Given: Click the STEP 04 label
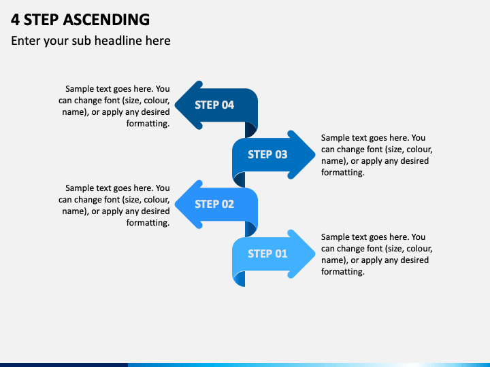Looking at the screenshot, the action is click(214, 105).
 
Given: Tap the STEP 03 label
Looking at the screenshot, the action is click(267, 154).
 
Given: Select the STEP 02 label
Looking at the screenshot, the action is click(214, 204).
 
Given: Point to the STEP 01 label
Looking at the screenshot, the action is click(267, 254).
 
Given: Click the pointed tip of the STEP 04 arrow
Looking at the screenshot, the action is click(176, 105).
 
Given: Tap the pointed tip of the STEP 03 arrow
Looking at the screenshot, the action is click(314, 154).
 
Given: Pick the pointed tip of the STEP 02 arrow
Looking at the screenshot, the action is click(176, 205).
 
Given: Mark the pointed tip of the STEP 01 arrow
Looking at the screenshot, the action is click(314, 254).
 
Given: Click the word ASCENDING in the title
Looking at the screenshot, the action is click(106, 19).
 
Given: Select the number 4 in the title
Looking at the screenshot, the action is click(15, 20).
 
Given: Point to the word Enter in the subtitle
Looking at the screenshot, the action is click(26, 41).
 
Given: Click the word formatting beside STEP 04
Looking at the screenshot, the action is click(148, 124).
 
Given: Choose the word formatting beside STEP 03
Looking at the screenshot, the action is click(343, 173).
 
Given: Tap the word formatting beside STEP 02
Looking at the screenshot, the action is click(148, 223).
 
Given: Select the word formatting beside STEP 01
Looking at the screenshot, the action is click(343, 272).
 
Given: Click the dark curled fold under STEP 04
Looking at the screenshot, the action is click(250, 130).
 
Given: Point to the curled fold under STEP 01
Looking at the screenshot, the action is click(240, 279).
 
